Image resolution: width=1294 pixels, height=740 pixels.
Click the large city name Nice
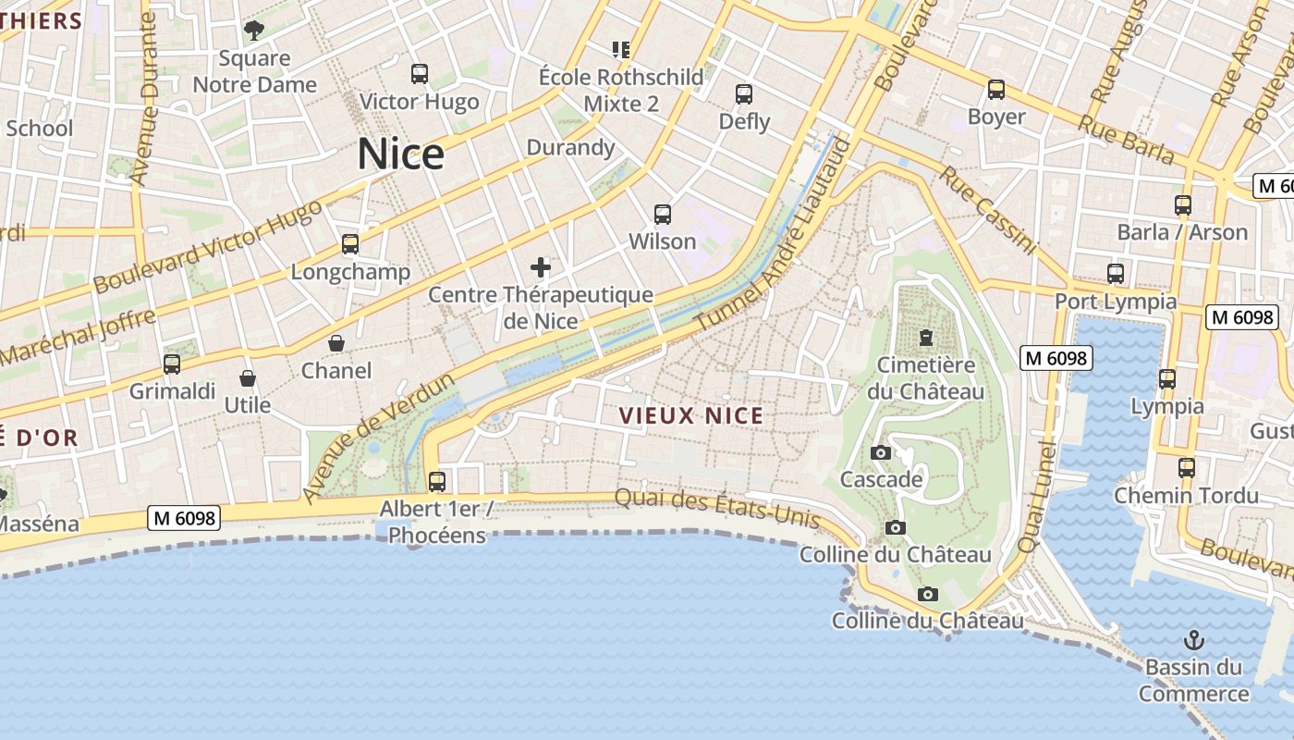tap(400, 154)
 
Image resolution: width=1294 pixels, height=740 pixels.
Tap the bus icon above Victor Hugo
tap(420, 73)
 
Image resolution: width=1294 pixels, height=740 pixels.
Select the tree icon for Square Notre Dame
tap(254, 31)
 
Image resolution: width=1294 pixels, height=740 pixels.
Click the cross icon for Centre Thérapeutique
tap(541, 268)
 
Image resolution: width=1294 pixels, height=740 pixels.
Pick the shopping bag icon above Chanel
tap(336, 343)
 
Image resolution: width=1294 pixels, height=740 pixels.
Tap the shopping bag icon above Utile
tap(248, 378)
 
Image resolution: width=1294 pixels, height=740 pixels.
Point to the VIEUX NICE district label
tap(692, 415)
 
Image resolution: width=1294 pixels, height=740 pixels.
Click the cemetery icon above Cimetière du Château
tap(926, 337)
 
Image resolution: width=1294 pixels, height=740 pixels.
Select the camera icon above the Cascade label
tap(881, 452)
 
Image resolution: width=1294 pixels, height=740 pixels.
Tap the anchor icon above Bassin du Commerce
tap(1194, 639)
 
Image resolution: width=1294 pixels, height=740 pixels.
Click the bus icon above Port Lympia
tap(1116, 274)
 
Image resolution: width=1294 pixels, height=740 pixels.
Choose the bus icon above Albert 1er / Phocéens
tap(437, 481)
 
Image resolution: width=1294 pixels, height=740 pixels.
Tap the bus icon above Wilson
tap(663, 215)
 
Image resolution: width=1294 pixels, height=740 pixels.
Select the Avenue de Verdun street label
tap(379, 438)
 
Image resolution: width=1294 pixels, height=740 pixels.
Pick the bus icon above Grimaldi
tap(172, 364)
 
